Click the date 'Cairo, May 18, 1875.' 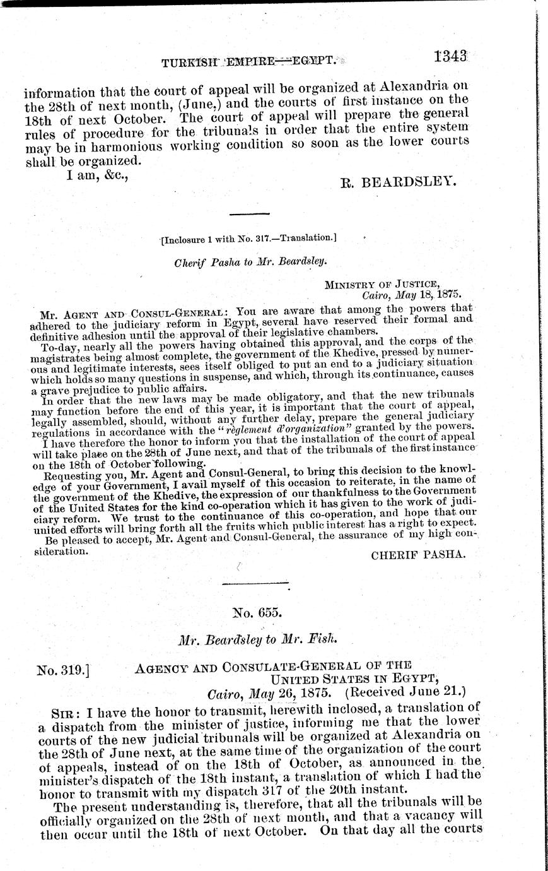point(411,294)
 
